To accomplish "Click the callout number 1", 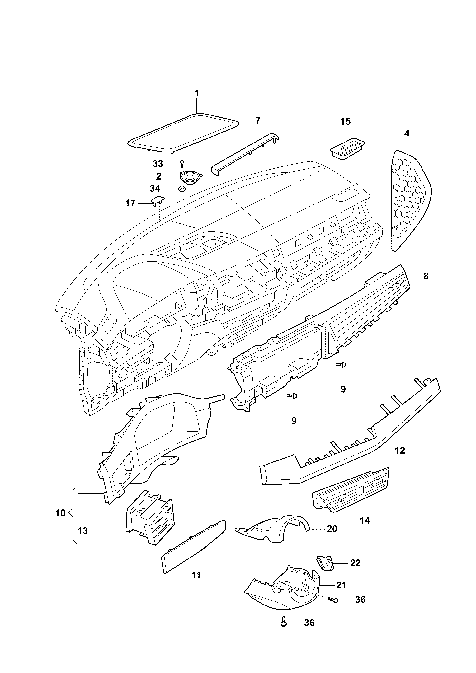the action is (x=197, y=94).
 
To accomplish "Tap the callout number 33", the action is (x=158, y=164).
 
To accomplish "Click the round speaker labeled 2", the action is (x=191, y=177).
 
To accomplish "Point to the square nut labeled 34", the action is (x=182, y=189).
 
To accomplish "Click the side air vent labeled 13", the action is (x=149, y=517).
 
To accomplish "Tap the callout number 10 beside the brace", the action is (x=60, y=513).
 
